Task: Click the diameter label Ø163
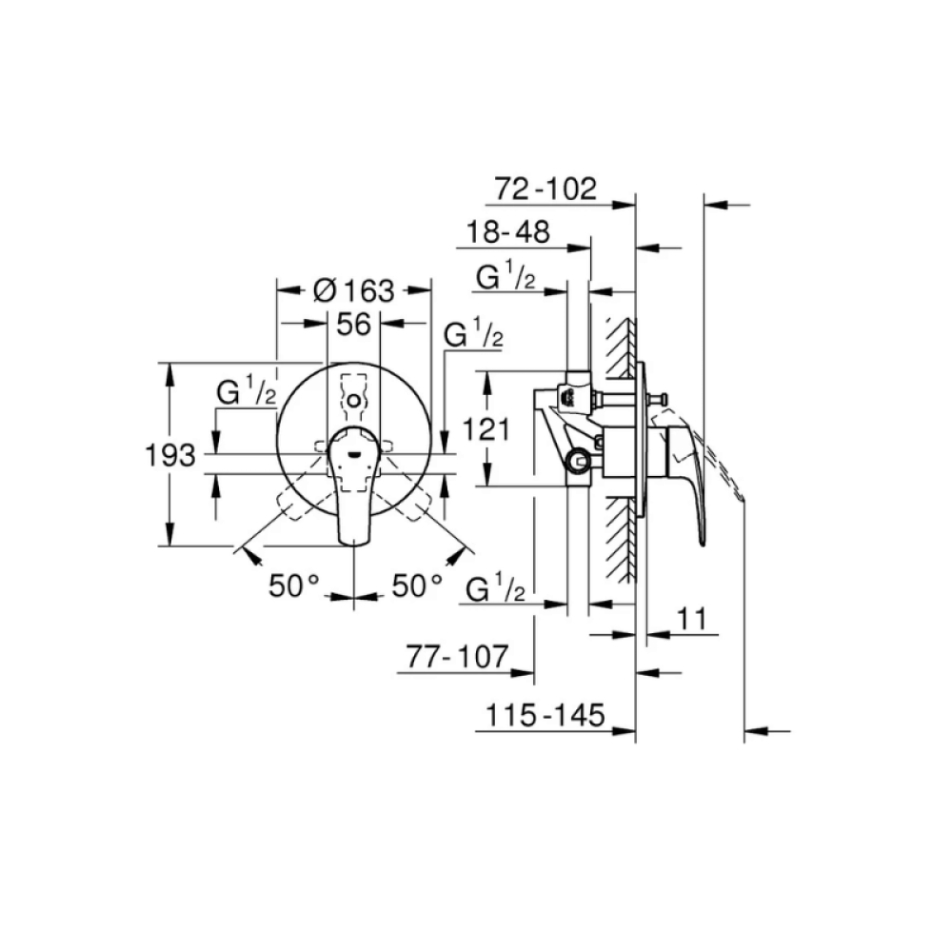pos(353,290)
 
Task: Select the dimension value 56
pos(353,325)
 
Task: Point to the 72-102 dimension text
pos(545,188)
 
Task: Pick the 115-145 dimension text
pos(541,716)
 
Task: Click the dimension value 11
pos(693,619)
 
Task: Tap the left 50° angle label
pos(292,585)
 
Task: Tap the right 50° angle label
pos(417,585)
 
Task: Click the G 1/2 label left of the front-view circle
pos(245,393)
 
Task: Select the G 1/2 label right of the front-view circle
pos(474,336)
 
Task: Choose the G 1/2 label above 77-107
pos(497,590)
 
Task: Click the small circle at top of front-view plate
pos(353,399)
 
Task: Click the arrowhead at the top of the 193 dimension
pos(170,372)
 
